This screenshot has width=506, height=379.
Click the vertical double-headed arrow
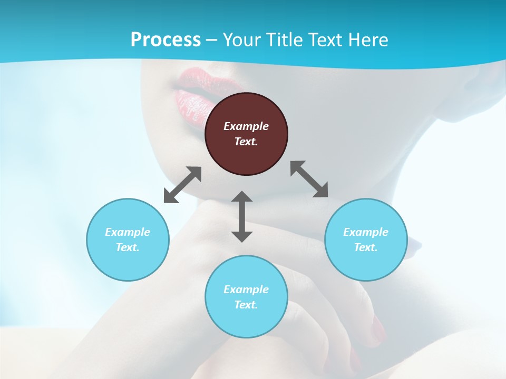(x=242, y=216)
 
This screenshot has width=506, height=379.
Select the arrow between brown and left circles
(x=182, y=185)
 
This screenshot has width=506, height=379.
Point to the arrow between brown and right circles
(x=309, y=179)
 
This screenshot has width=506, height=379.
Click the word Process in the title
(x=166, y=39)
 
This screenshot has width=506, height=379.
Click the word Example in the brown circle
(x=246, y=126)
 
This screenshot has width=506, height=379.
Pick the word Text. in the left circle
(x=128, y=247)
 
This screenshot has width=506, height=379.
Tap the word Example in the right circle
(x=366, y=232)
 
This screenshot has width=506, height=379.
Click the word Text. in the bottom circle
(x=246, y=305)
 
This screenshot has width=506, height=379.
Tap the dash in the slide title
(x=212, y=40)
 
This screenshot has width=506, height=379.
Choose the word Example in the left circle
(x=128, y=232)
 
